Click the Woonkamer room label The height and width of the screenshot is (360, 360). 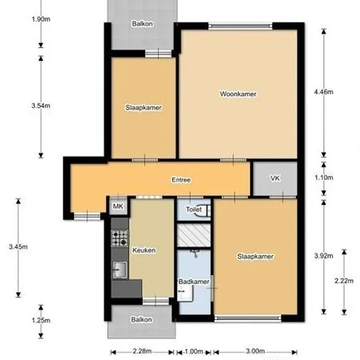(x=238, y=94)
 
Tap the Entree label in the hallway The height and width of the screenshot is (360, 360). (x=181, y=179)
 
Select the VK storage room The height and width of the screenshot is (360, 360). (x=275, y=179)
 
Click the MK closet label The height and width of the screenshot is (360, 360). (x=118, y=206)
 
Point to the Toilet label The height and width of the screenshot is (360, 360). (x=194, y=209)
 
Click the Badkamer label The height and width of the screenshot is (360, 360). (x=194, y=281)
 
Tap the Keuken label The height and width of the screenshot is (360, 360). (x=144, y=250)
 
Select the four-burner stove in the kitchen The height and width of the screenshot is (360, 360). (x=120, y=238)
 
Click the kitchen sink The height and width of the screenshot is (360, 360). (x=120, y=270)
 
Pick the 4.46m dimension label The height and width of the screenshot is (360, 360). (x=323, y=92)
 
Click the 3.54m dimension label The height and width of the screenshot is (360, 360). (x=41, y=106)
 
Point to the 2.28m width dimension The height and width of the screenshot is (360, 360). (x=142, y=351)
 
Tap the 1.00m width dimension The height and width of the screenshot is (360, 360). (x=194, y=351)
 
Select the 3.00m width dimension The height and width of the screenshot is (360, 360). (x=255, y=351)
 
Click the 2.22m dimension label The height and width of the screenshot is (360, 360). (x=344, y=281)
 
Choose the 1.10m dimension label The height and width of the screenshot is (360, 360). (x=323, y=177)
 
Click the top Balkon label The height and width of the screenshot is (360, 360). (x=142, y=24)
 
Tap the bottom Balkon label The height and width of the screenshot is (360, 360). (x=141, y=319)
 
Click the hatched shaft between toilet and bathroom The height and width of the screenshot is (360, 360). (x=194, y=235)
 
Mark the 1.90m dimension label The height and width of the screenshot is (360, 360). (x=41, y=19)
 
